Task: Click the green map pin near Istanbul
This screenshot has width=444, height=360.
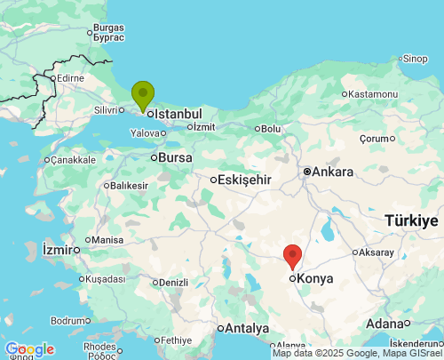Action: coord(142,93)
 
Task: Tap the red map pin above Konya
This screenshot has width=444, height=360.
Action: coord(293,256)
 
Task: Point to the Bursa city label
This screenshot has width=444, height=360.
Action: coord(175,157)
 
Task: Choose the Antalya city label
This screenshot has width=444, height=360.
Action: coord(246,328)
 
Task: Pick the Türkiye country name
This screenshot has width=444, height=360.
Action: coord(411,220)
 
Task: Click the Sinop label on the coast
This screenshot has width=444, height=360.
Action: coord(415,60)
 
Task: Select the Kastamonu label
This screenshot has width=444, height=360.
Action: coord(372,94)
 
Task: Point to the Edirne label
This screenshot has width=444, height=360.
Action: coord(69,78)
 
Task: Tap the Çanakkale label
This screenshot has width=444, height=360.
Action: coord(72,160)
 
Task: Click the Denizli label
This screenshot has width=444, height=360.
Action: coord(172,283)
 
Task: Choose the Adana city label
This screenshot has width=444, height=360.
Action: coord(384,323)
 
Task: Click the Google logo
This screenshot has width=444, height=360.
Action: coord(29,349)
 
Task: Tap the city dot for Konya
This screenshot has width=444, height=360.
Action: coord(292,278)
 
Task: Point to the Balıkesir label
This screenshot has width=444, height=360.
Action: coord(129,186)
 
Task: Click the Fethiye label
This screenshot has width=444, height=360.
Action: coord(176,340)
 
